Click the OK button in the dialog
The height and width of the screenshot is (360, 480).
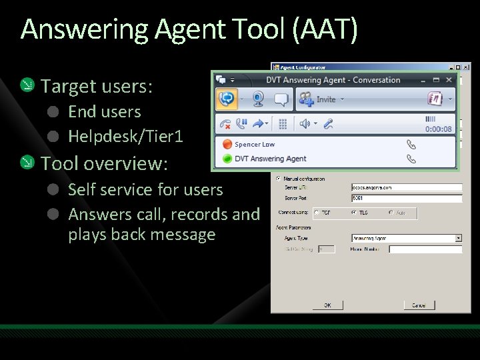[x=327, y=305]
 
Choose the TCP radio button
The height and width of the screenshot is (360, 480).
[x=317, y=213]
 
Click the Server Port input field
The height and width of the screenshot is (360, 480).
[x=407, y=198]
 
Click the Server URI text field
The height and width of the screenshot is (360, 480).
[x=407, y=188]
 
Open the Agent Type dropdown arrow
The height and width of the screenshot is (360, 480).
[x=459, y=238]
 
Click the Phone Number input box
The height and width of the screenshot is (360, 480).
[x=425, y=249]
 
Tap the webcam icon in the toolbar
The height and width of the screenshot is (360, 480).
[x=257, y=99]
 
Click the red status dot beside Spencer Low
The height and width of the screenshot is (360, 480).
[x=227, y=144]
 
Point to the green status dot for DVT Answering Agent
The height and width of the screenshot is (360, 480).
[x=227, y=159]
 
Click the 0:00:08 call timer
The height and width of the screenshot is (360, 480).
[x=439, y=129]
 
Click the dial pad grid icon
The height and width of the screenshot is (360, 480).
[x=283, y=124]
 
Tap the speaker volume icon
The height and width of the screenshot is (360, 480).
[x=305, y=124]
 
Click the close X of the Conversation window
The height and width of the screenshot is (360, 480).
[x=449, y=80]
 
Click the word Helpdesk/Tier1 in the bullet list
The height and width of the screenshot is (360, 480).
[x=125, y=137]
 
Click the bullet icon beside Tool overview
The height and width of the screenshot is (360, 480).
[x=27, y=163]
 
